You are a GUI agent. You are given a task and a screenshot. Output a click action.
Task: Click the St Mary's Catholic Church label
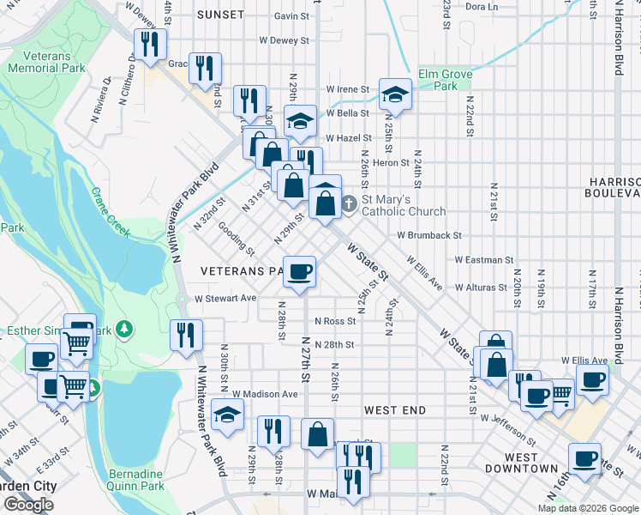(x=403, y=205)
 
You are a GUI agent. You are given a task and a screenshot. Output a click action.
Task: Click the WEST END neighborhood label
(x=395, y=410)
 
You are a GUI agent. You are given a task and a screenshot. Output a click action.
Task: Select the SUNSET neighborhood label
(x=220, y=15)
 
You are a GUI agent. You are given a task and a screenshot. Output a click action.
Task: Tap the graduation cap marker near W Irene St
(x=395, y=94)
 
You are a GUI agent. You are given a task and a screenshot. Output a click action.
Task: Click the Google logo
(x=29, y=505)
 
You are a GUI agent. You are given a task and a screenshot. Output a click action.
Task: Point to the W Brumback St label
(x=429, y=234)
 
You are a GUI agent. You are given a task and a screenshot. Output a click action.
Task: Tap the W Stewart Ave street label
(x=225, y=298)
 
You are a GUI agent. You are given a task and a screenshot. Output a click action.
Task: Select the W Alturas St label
(x=483, y=288)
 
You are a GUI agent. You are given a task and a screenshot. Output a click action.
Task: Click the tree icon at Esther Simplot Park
(x=125, y=328)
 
